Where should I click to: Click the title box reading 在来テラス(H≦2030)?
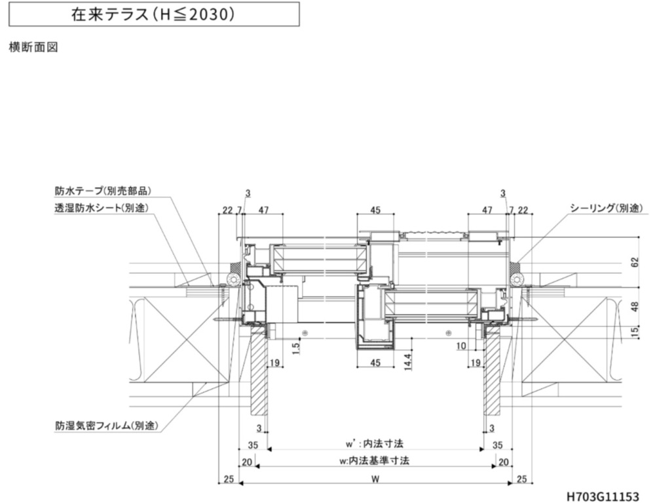(152, 14)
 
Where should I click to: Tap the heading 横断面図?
(33, 47)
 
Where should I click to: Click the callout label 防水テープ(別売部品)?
(103, 191)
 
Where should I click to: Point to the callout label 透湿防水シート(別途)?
(102, 208)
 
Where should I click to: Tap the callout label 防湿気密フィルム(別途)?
(107, 426)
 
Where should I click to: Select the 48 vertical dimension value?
(635, 306)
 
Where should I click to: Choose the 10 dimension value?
(461, 346)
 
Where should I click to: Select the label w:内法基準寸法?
(374, 460)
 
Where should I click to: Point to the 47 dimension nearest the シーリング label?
(487, 210)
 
